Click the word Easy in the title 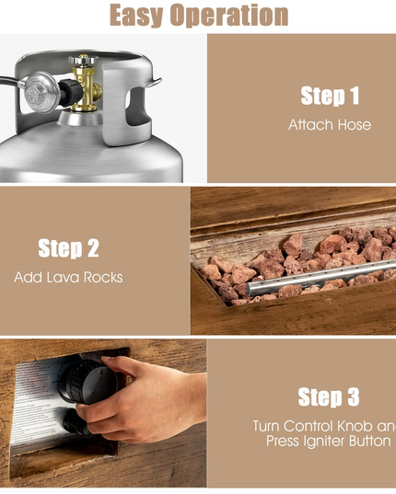pyautogui.click(x=137, y=15)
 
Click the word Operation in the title pyautogui.click(x=229, y=15)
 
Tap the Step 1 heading pyautogui.click(x=330, y=96)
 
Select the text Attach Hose pyautogui.click(x=330, y=125)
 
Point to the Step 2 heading pyautogui.click(x=68, y=248)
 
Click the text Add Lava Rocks pyautogui.click(x=68, y=277)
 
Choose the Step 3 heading pyautogui.click(x=329, y=397)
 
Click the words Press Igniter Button pyautogui.click(x=329, y=441)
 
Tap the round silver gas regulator pyautogui.click(x=41, y=92)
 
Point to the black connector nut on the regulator pyautogui.click(x=70, y=92)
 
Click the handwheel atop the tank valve pyautogui.click(x=83, y=60)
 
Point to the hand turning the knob pyautogui.click(x=145, y=400)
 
